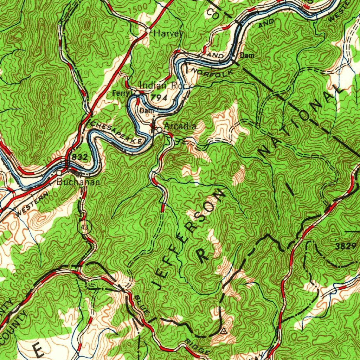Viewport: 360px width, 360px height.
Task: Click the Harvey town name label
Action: click(x=168, y=34)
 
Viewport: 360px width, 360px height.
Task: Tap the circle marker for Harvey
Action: click(x=148, y=31)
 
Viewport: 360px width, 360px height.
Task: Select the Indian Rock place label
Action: click(x=165, y=85)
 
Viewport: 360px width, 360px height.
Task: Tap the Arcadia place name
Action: click(x=180, y=126)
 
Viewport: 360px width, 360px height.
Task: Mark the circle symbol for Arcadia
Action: click(x=159, y=130)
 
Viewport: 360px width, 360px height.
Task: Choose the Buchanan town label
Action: click(x=78, y=182)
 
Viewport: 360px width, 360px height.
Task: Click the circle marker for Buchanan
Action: click(x=59, y=173)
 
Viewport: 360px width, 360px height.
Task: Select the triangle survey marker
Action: click(x=223, y=330)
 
